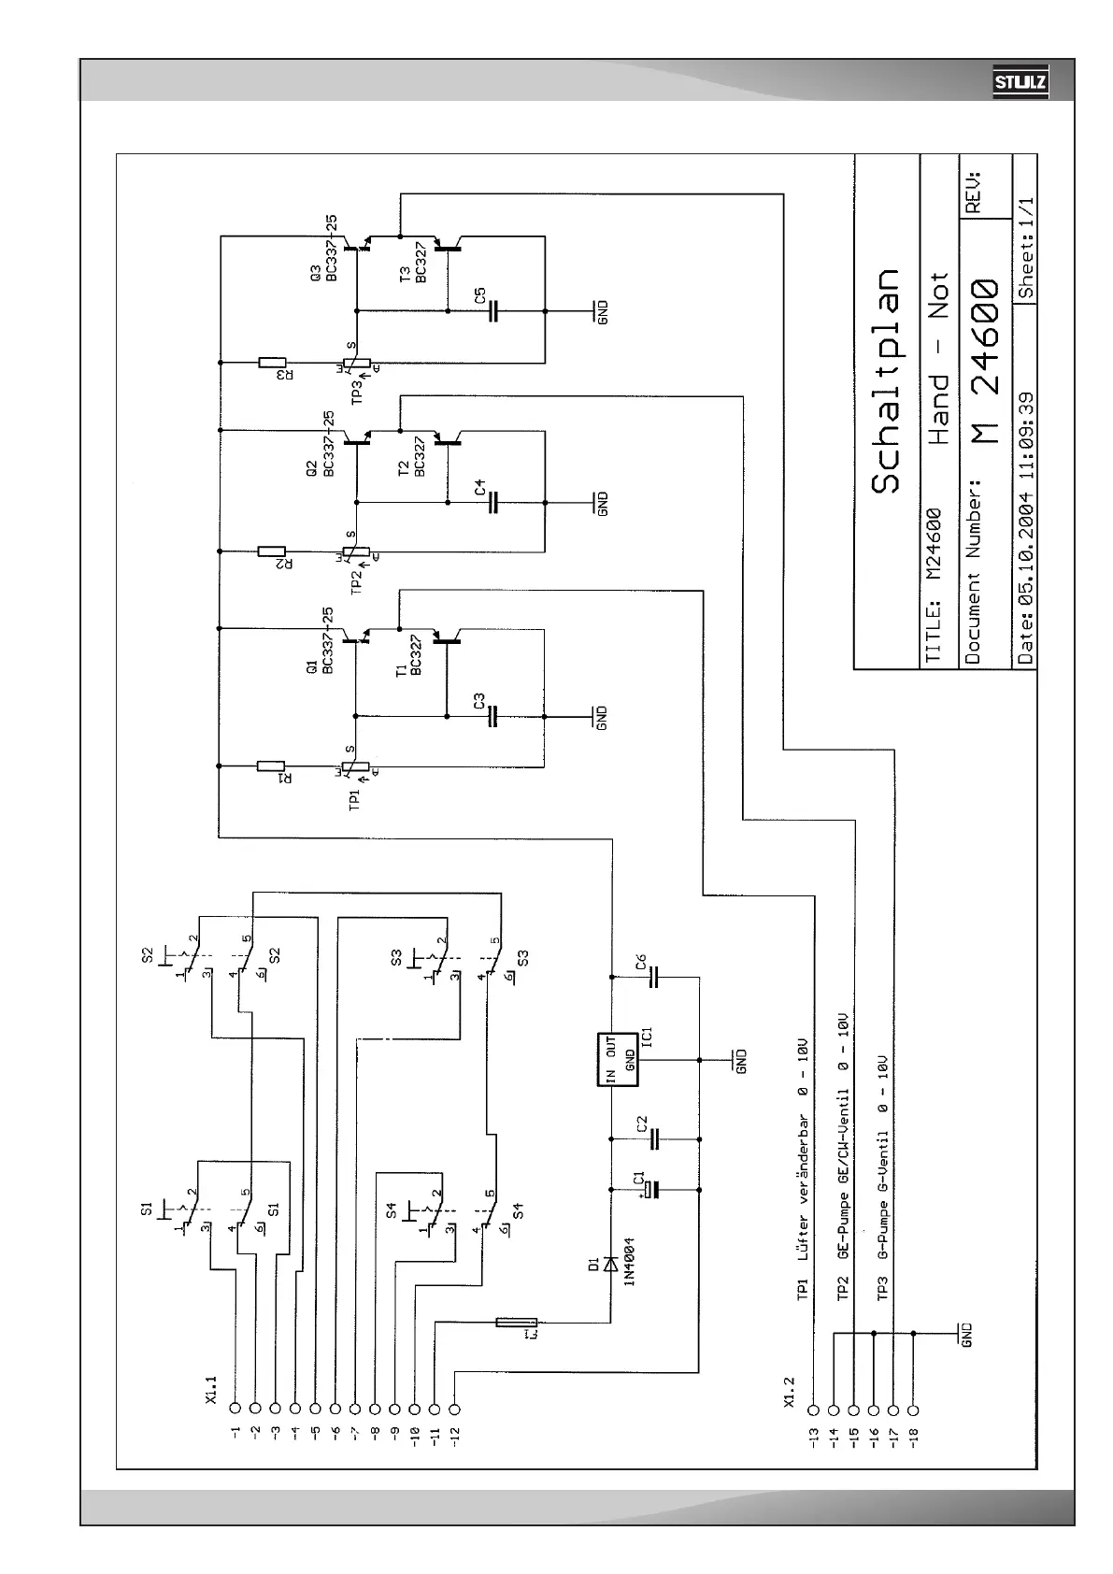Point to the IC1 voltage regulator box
point(619,1060)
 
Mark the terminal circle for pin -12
point(455,1408)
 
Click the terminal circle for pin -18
point(913,1408)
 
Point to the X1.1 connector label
point(211,1388)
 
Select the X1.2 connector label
point(790,1391)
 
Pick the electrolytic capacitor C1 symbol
point(654,1190)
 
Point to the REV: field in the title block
point(973,193)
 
